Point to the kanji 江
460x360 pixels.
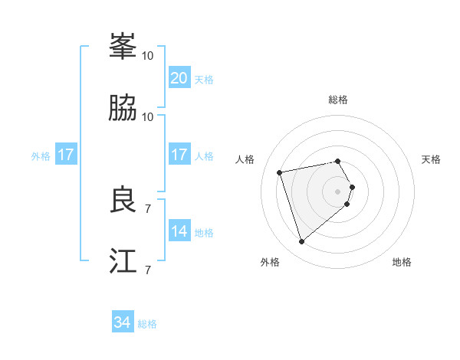click(123, 260)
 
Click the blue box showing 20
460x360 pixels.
click(179, 77)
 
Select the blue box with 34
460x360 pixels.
click(123, 322)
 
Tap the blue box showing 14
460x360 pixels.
click(179, 231)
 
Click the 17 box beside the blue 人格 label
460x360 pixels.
click(179, 154)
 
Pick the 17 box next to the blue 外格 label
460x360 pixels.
click(66, 154)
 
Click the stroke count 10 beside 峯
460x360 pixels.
click(148, 55)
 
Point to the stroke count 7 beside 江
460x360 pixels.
click(148, 270)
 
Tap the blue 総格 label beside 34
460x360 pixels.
click(147, 324)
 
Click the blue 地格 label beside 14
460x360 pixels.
click(204, 233)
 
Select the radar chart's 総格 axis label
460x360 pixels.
click(338, 100)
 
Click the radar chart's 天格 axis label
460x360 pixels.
click(432, 159)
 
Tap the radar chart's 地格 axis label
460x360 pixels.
click(402, 262)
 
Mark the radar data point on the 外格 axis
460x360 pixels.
click(301, 242)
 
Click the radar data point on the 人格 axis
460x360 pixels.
click(280, 172)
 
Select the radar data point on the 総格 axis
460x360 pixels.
click(338, 161)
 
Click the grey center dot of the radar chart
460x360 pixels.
click(338, 191)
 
